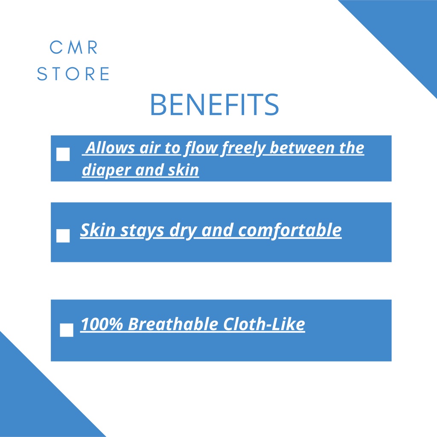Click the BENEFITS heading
click(214, 104)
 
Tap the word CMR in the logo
click(73, 47)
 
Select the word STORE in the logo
click(73, 73)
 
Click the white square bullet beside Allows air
click(63, 154)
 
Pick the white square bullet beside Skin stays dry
click(63, 236)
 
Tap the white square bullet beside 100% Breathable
click(67, 330)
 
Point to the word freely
click(243, 148)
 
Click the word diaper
click(106, 170)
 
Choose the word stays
click(142, 231)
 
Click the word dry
click(183, 231)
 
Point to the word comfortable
click(290, 230)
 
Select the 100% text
click(102, 324)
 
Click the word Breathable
click(173, 324)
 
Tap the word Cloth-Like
click(264, 324)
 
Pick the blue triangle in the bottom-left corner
click(35, 401)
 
